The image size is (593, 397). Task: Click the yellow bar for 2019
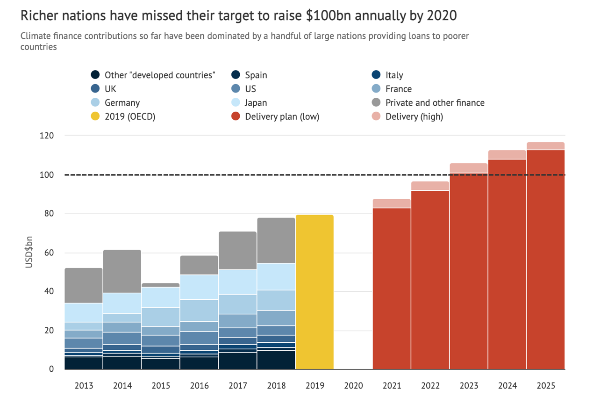tap(314, 292)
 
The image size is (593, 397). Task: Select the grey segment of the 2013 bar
tap(84, 285)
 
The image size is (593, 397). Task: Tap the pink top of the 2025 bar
tap(545, 146)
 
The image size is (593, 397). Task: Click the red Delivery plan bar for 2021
tap(392, 288)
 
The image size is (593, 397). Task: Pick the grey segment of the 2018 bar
tap(276, 240)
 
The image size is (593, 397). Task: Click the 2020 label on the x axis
tap(353, 386)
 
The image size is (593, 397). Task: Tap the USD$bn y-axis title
tap(29, 253)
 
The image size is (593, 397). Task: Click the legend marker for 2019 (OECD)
tap(95, 116)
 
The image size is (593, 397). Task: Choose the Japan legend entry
tap(256, 102)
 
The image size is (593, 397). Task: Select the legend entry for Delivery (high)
tap(414, 116)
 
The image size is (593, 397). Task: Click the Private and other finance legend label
tap(435, 102)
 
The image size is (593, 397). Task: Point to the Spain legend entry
tap(256, 75)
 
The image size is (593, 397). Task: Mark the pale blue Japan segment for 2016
tap(199, 287)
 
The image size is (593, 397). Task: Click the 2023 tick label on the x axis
tap(469, 386)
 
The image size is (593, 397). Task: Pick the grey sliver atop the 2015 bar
tap(160, 285)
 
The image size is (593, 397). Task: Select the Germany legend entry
tap(122, 102)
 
